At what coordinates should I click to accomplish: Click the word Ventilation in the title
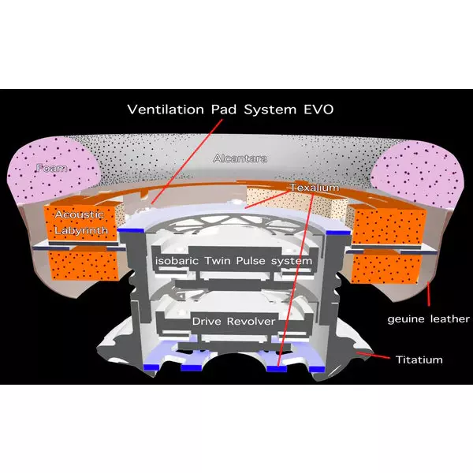(166, 110)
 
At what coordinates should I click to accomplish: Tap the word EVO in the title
(318, 110)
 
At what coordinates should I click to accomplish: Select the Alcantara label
(240, 158)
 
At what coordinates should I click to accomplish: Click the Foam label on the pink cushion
(51, 168)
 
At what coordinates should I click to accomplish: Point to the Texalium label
(315, 188)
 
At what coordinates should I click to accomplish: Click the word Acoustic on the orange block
(80, 214)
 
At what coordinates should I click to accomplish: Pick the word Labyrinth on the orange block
(81, 230)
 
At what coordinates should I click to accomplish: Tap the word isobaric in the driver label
(177, 261)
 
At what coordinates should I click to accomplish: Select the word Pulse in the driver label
(251, 261)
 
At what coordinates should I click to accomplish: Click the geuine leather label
(428, 319)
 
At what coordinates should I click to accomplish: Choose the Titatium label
(419, 359)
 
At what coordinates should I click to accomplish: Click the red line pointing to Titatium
(373, 356)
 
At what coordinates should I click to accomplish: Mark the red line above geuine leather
(428, 294)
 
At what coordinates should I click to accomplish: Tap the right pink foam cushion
(418, 173)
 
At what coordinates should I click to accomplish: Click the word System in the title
(270, 110)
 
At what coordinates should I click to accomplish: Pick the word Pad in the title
(224, 110)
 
